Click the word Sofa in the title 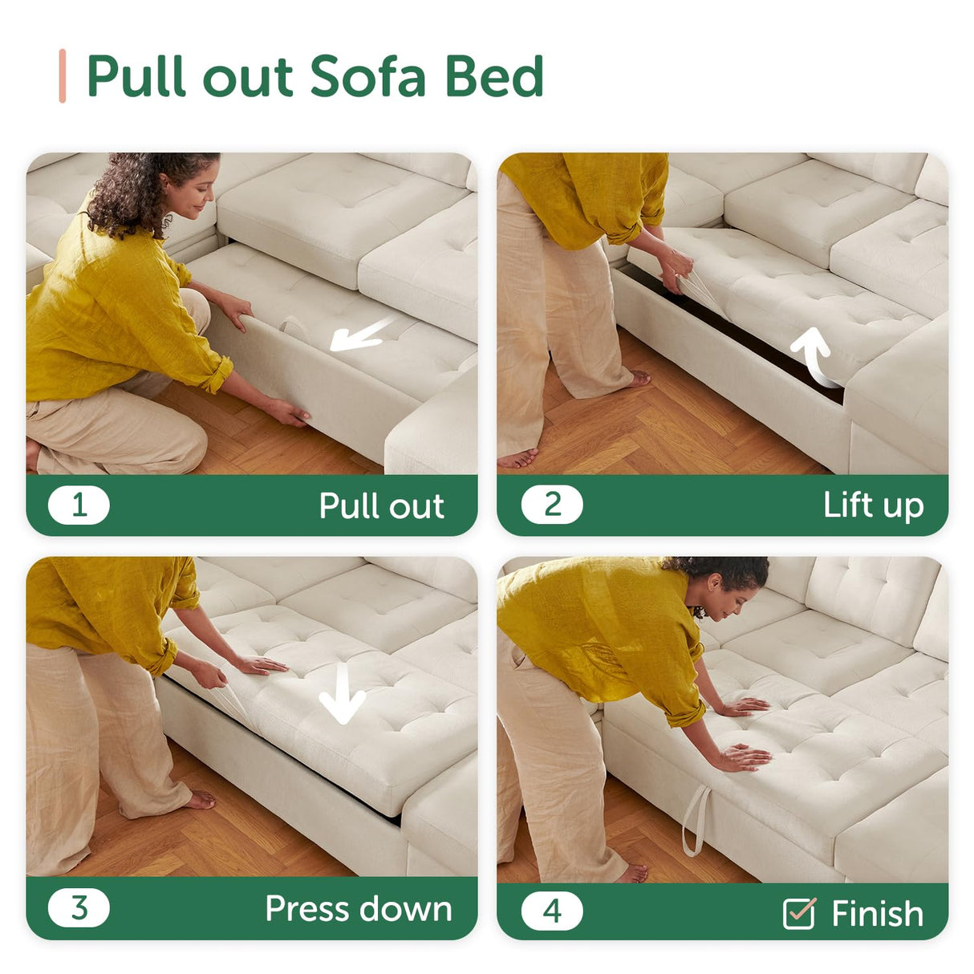tap(367, 75)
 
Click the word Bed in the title tap(495, 75)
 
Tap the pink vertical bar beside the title tap(62, 75)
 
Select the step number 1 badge tap(79, 505)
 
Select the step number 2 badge tap(552, 504)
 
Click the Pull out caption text tap(382, 505)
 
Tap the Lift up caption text tap(874, 505)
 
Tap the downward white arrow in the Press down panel tap(343, 693)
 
